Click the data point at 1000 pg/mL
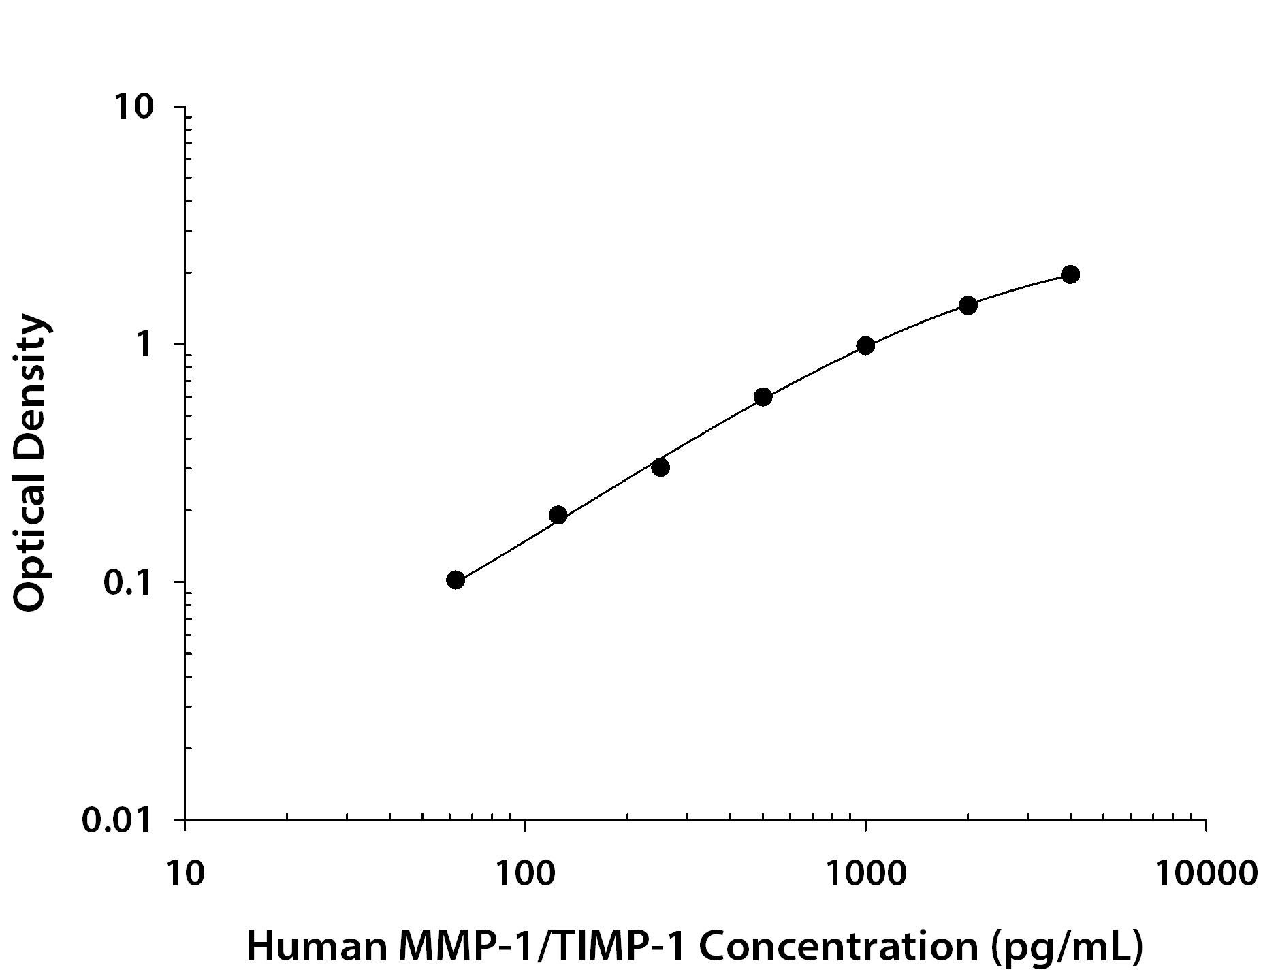[865, 345]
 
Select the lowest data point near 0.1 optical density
[456, 580]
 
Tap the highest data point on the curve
[1070, 274]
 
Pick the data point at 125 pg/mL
[558, 515]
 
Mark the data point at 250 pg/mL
[660, 467]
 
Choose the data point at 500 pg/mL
[763, 396]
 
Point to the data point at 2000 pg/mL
[968, 304]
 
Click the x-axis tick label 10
[185, 872]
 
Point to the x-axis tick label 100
[524, 872]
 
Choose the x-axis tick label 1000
[865, 872]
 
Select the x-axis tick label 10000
[1205, 872]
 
